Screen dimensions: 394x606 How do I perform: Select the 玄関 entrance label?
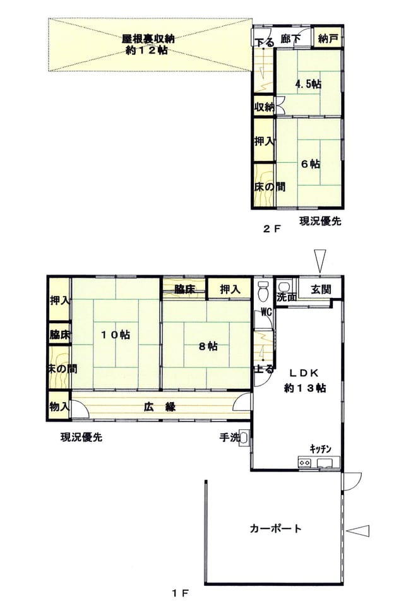(321, 289)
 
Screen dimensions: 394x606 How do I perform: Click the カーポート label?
(275, 528)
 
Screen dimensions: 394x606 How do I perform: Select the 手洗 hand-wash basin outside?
(244, 437)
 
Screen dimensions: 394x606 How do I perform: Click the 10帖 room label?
(115, 335)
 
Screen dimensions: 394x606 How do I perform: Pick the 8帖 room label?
(208, 347)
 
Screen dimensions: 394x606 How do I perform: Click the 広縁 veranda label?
(160, 407)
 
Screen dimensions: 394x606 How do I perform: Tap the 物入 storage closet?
(59, 406)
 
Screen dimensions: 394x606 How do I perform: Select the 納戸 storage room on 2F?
(328, 39)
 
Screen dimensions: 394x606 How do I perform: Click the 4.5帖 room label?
(309, 84)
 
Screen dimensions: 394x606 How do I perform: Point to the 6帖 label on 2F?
(311, 164)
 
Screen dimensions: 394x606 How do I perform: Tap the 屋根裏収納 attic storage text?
(148, 39)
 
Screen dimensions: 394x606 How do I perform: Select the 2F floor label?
(271, 229)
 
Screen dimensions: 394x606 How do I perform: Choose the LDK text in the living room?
(304, 373)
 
